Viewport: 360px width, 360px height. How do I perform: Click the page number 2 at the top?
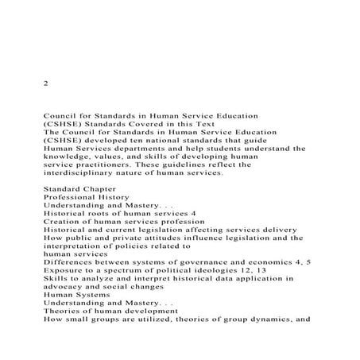45,82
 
